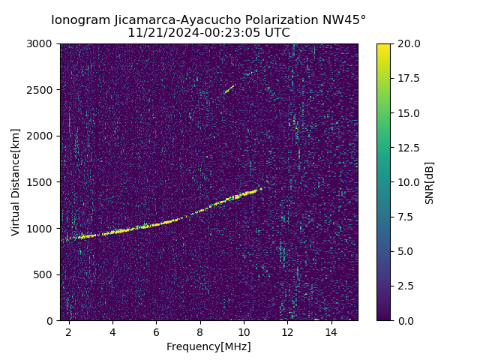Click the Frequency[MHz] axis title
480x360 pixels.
point(208,346)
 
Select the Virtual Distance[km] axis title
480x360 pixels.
point(16,182)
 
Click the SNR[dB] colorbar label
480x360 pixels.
point(430,182)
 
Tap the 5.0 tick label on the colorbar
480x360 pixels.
point(405,251)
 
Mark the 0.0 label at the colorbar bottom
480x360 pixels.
point(405,320)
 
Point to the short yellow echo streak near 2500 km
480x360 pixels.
point(229,89)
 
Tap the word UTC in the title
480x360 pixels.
point(276,33)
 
